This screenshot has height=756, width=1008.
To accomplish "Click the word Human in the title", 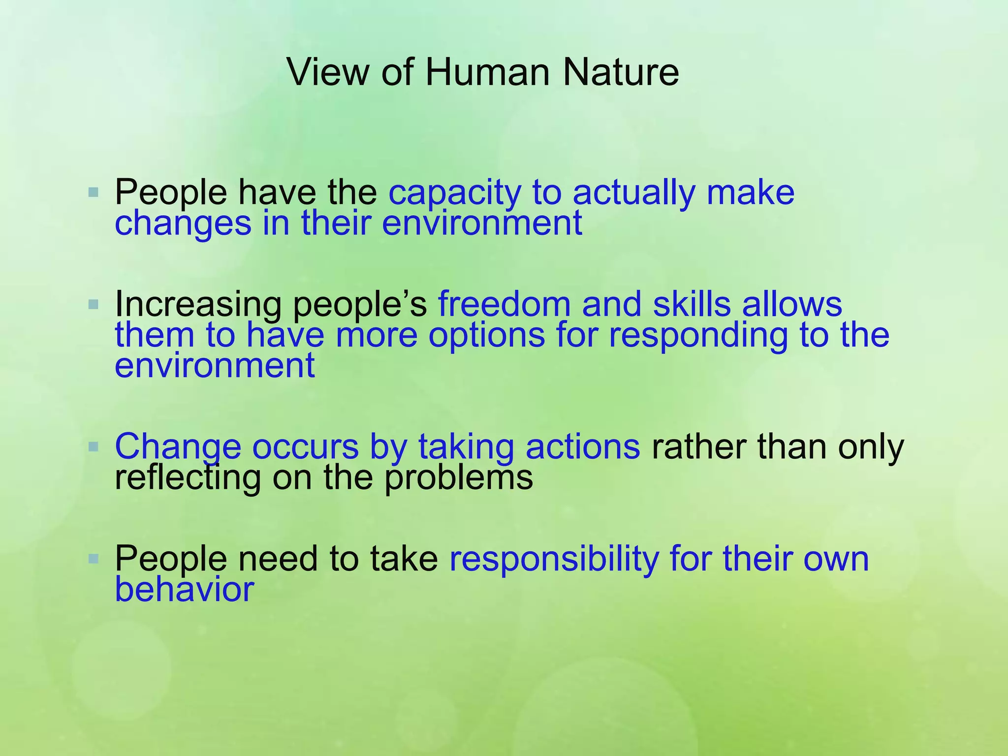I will point(487,72).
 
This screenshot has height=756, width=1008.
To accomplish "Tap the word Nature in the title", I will point(621,72).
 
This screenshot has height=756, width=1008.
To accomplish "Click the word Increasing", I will point(198,305).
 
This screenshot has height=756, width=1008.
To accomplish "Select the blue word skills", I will point(692,304).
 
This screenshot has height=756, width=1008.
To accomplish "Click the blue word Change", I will point(178,447).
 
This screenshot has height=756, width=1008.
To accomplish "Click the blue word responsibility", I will point(554,560).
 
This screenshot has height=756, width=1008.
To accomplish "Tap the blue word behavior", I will point(184,589).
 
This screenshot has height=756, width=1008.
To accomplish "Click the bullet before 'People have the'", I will point(94,192).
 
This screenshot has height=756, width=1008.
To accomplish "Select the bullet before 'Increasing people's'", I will point(94,305).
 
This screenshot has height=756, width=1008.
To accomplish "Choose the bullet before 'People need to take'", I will point(94,559).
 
